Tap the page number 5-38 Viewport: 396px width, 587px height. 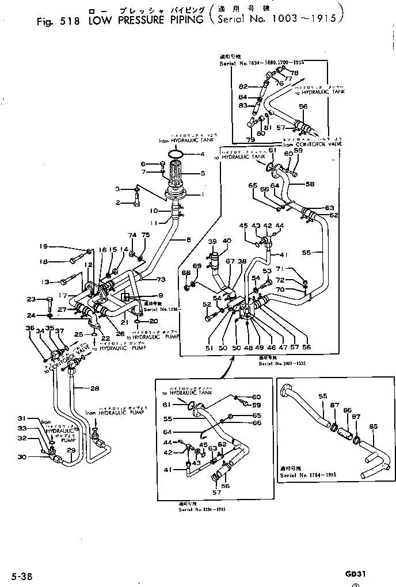tap(21, 575)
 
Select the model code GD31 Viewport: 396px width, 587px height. tap(356, 574)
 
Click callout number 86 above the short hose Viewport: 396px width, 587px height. tap(347, 410)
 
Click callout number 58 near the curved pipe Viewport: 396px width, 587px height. tap(310, 184)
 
